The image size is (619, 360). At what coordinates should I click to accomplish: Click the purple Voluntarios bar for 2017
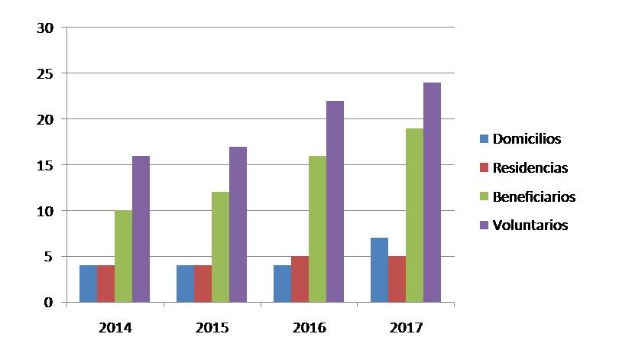tap(433, 192)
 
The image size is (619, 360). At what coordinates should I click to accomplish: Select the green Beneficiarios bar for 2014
tap(123, 256)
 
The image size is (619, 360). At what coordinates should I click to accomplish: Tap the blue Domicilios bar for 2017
tap(379, 270)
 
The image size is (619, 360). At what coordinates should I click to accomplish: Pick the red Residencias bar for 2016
tap(300, 279)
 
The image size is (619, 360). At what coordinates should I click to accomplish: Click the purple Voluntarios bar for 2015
tap(238, 224)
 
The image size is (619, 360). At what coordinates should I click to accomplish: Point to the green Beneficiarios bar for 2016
tap(317, 229)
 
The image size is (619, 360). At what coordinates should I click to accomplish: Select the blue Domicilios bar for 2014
tap(88, 284)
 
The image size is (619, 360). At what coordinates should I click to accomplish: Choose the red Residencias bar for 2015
tap(203, 284)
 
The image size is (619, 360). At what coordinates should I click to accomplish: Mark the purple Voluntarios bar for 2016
tap(335, 201)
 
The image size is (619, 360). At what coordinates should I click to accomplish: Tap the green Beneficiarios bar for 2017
tap(414, 215)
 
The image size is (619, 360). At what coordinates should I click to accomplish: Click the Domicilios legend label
tap(527, 139)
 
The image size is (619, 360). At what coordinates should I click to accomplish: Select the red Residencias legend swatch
tap(484, 167)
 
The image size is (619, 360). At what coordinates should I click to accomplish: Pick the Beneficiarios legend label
tap(534, 196)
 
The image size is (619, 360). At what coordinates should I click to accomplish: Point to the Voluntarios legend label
tap(530, 225)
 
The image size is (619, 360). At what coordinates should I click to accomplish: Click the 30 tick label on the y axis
tap(45, 28)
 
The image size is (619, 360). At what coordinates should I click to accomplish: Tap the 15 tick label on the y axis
tap(45, 165)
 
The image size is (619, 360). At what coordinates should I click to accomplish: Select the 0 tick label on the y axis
tap(49, 303)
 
